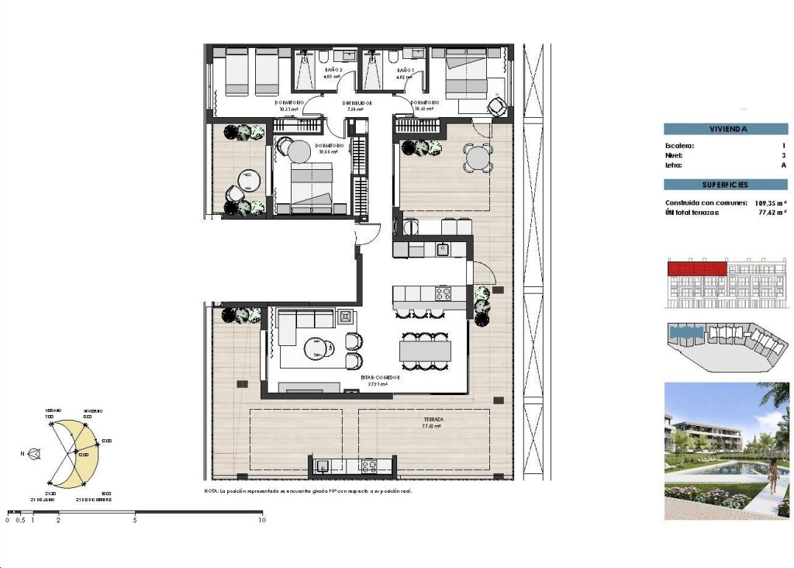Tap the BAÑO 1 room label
click(x=405, y=70)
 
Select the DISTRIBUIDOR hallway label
click(x=358, y=103)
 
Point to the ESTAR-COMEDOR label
click(x=380, y=377)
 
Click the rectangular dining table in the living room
click(x=424, y=351)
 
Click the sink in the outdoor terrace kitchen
click(x=324, y=466)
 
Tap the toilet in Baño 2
click(x=323, y=58)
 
